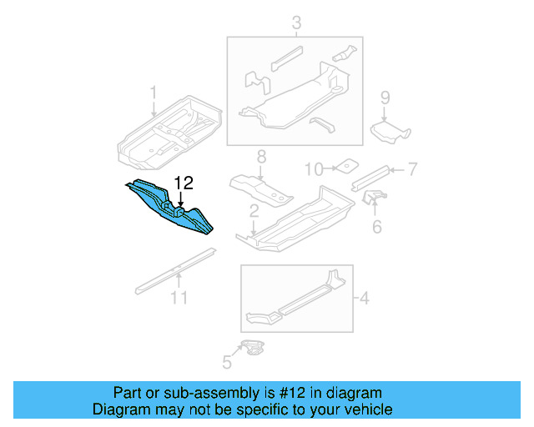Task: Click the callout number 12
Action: (x=183, y=183)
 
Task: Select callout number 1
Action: (x=153, y=92)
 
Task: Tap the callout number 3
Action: (x=295, y=23)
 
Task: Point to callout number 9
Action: (x=385, y=98)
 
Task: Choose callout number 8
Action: (x=260, y=156)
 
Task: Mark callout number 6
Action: (x=376, y=225)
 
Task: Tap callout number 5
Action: (x=226, y=361)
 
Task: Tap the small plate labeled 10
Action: (x=346, y=166)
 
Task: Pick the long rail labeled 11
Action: (x=171, y=274)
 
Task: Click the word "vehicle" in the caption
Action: (x=364, y=409)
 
